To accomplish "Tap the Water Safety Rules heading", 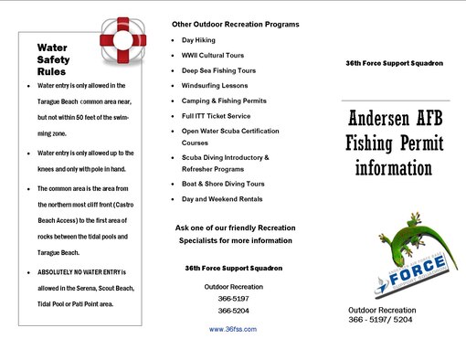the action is click(59, 58).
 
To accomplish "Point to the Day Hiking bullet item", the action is click(199, 41).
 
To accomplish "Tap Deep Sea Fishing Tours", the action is click(218, 70).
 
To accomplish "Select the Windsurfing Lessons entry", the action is click(215, 85).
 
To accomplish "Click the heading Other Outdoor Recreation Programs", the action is click(235, 23).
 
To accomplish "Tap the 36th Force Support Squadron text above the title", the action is click(395, 63).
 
